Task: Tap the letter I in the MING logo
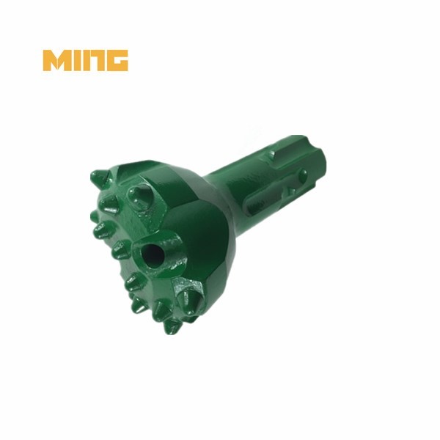(77, 61)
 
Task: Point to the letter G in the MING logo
(117, 61)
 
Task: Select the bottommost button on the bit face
(172, 325)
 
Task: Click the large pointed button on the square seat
(190, 298)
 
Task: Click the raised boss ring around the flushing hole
(166, 246)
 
